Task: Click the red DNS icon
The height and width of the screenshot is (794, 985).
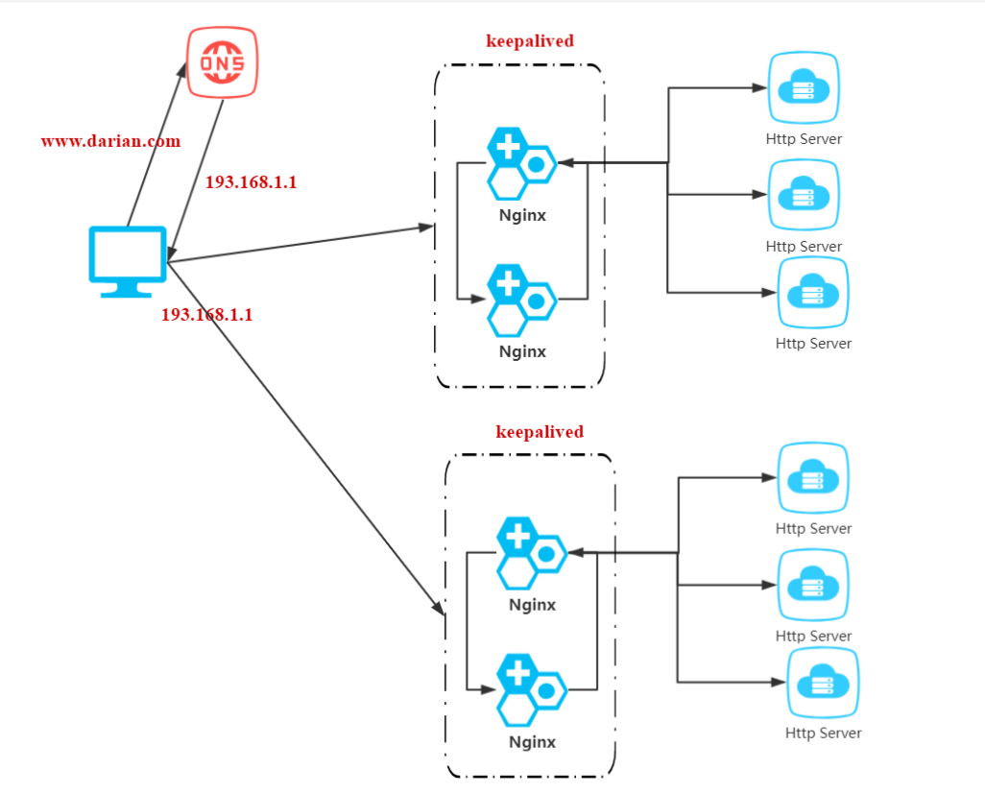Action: (x=222, y=62)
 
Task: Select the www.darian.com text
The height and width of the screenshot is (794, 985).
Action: (x=110, y=141)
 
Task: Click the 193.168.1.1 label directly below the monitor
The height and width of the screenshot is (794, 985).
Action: (x=206, y=314)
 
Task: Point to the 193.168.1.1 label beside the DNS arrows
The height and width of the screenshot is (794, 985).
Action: (x=251, y=181)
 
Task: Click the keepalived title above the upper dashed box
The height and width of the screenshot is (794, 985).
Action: (x=530, y=41)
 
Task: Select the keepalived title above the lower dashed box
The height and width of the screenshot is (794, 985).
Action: (x=540, y=432)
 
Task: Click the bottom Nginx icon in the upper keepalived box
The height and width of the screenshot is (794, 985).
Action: (x=520, y=299)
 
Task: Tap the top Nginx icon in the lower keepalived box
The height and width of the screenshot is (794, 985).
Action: (x=531, y=552)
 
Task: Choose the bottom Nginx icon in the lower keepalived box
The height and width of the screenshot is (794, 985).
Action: (x=531, y=688)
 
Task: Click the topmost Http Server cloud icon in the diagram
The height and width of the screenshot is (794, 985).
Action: (x=804, y=89)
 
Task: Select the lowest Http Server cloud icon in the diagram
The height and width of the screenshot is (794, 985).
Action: (x=822, y=684)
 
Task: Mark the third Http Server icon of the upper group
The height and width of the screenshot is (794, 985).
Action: (x=812, y=292)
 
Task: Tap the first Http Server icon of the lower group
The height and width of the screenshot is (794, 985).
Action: (x=812, y=478)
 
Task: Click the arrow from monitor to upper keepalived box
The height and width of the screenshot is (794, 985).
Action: (x=298, y=244)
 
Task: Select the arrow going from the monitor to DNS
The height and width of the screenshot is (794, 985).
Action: (x=156, y=144)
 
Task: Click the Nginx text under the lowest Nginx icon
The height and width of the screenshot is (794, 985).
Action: (x=532, y=742)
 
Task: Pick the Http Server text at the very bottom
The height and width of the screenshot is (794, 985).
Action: (x=823, y=734)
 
